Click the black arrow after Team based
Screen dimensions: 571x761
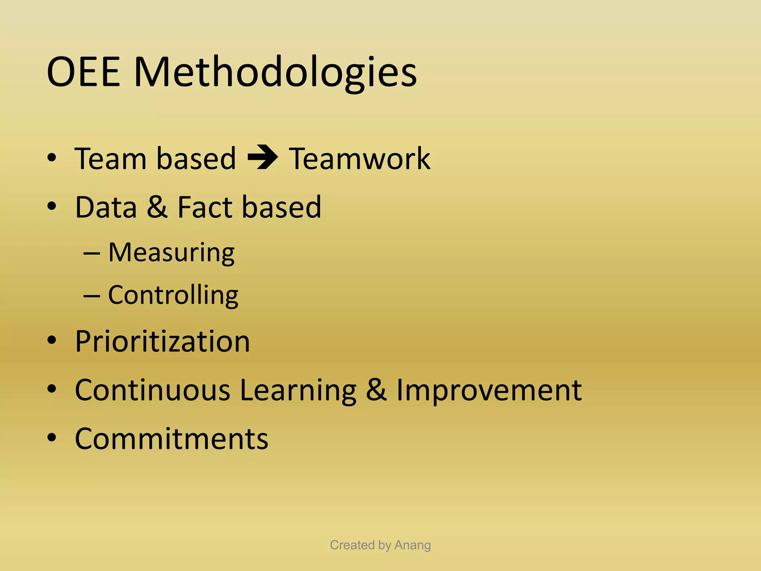pos(263,158)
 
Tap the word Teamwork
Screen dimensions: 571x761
pos(360,159)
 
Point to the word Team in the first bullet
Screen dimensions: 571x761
pos(110,159)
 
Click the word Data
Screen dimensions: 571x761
pos(106,207)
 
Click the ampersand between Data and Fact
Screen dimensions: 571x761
pos(157,207)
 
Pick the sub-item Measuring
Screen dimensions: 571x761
pos(171,253)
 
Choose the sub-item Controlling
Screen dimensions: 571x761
pos(173,295)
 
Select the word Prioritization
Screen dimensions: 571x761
pos(162,341)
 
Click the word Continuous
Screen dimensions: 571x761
pos(153,390)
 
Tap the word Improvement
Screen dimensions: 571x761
pos(489,390)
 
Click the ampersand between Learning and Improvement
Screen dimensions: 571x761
pos(376,390)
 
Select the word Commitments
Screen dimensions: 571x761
pos(171,439)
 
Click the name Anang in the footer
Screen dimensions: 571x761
pos(412,545)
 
